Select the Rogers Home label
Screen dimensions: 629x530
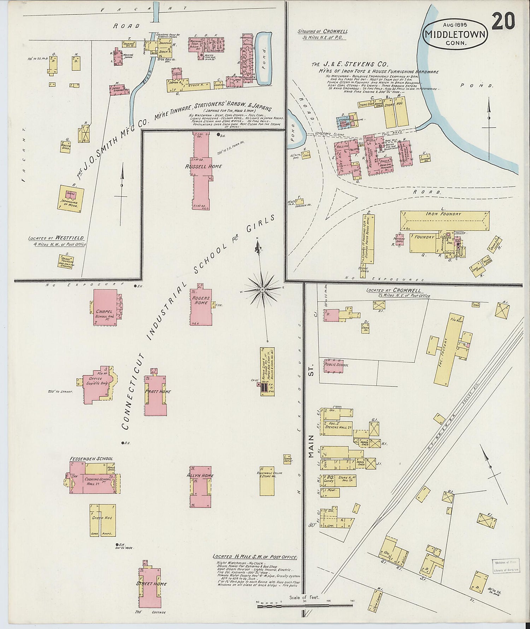coord(200,300)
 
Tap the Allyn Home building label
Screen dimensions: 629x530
coord(200,476)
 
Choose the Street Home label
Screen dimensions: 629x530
coord(151,584)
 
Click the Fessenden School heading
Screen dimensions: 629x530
coord(91,459)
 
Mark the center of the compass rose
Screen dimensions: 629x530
coord(262,290)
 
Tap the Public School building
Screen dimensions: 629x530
coord(334,367)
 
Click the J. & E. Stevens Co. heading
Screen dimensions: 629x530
coord(350,65)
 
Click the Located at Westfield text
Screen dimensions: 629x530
coord(57,238)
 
